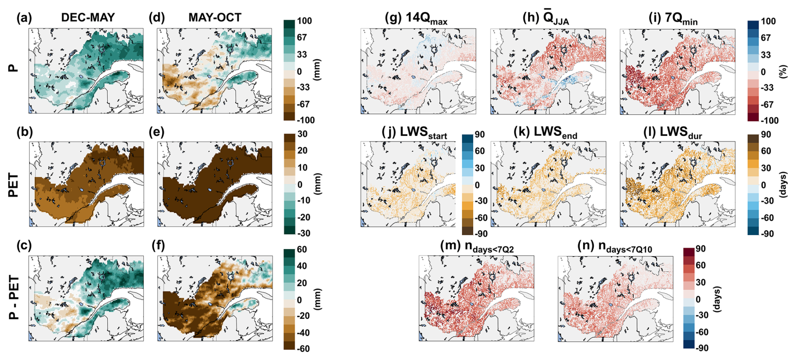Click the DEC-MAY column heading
(x=88, y=17)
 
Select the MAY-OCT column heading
(x=215, y=17)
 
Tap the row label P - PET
(x=13, y=297)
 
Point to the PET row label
(x=13, y=185)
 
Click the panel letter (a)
(x=24, y=18)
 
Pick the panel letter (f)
(x=158, y=245)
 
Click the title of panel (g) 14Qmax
(x=416, y=19)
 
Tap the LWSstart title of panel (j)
(x=414, y=132)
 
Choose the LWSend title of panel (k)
(x=545, y=132)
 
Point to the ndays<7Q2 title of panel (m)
(x=477, y=247)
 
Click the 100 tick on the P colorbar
(x=304, y=21)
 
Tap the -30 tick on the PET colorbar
(x=303, y=233)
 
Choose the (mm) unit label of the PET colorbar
(x=318, y=184)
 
